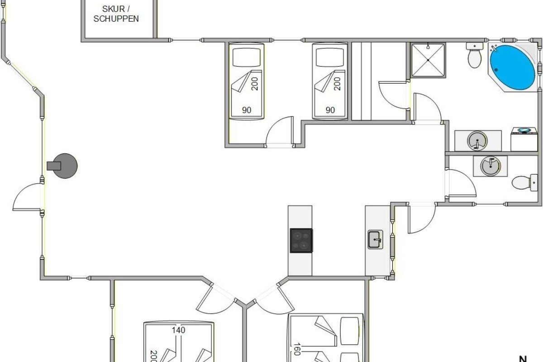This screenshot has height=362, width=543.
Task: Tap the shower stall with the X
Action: pos(428,60)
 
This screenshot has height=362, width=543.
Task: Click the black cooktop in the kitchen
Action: pos(301,240)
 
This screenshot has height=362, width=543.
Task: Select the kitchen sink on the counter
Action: pos(375,239)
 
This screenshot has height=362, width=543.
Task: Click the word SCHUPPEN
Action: pos(116,19)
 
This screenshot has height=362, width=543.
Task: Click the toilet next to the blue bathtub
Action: pos(474,56)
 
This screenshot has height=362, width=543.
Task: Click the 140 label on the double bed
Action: pos(178,330)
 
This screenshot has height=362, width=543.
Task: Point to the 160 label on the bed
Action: pos(297,349)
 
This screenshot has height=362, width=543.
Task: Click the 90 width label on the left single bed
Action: pos(247,110)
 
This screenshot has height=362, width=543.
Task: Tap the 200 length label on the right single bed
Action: pos(337,84)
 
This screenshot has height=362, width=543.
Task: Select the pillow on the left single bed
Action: pos(247,57)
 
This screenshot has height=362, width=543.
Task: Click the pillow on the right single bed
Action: pos(330,57)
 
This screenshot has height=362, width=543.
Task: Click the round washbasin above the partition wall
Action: pos(477,141)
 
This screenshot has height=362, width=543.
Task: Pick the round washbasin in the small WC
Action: pos(491,166)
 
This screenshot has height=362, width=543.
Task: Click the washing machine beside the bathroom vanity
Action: pos(524,139)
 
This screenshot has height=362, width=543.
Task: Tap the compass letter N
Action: pos(523,359)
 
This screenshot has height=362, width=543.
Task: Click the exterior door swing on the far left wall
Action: pos(27,196)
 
